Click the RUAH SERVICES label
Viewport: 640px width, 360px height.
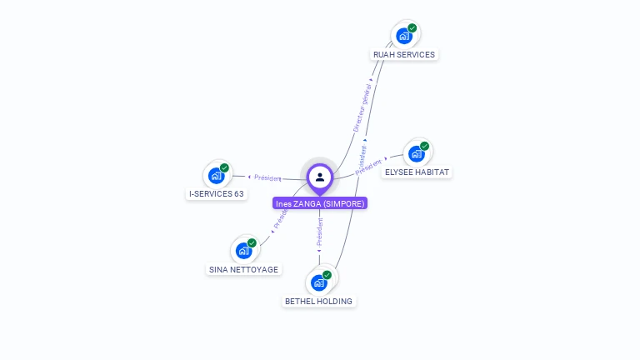pyautogui.click(x=404, y=55)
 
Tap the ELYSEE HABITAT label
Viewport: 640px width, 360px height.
pyautogui.click(x=417, y=172)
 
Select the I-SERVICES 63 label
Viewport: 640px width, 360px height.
pyautogui.click(x=217, y=194)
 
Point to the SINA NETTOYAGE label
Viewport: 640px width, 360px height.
pyautogui.click(x=243, y=270)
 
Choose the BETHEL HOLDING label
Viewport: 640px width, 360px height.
pyautogui.click(x=318, y=302)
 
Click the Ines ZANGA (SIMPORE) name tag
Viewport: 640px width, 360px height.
pyautogui.click(x=320, y=203)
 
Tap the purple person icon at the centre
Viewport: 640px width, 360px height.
pyautogui.click(x=320, y=177)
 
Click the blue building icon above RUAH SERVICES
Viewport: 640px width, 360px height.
pyautogui.click(x=404, y=36)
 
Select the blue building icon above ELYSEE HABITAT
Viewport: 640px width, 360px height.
pyautogui.click(x=417, y=154)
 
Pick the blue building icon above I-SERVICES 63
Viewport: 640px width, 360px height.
pyautogui.click(x=217, y=176)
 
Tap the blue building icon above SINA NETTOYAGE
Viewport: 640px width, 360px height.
pyautogui.click(x=243, y=251)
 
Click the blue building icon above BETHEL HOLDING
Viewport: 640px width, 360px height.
pyautogui.click(x=319, y=283)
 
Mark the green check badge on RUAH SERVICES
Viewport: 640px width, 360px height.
pyautogui.click(x=412, y=27)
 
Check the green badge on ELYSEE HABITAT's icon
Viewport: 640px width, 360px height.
pyautogui.click(x=425, y=146)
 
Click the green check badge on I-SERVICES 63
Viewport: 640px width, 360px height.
pyautogui.click(x=225, y=167)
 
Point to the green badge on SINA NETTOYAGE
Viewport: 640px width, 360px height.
pyautogui.click(x=252, y=242)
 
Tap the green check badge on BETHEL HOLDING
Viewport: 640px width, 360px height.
pyautogui.click(x=327, y=275)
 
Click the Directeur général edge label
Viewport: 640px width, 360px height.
pyautogui.click(x=362, y=107)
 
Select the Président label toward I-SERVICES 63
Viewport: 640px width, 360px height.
pyautogui.click(x=267, y=177)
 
